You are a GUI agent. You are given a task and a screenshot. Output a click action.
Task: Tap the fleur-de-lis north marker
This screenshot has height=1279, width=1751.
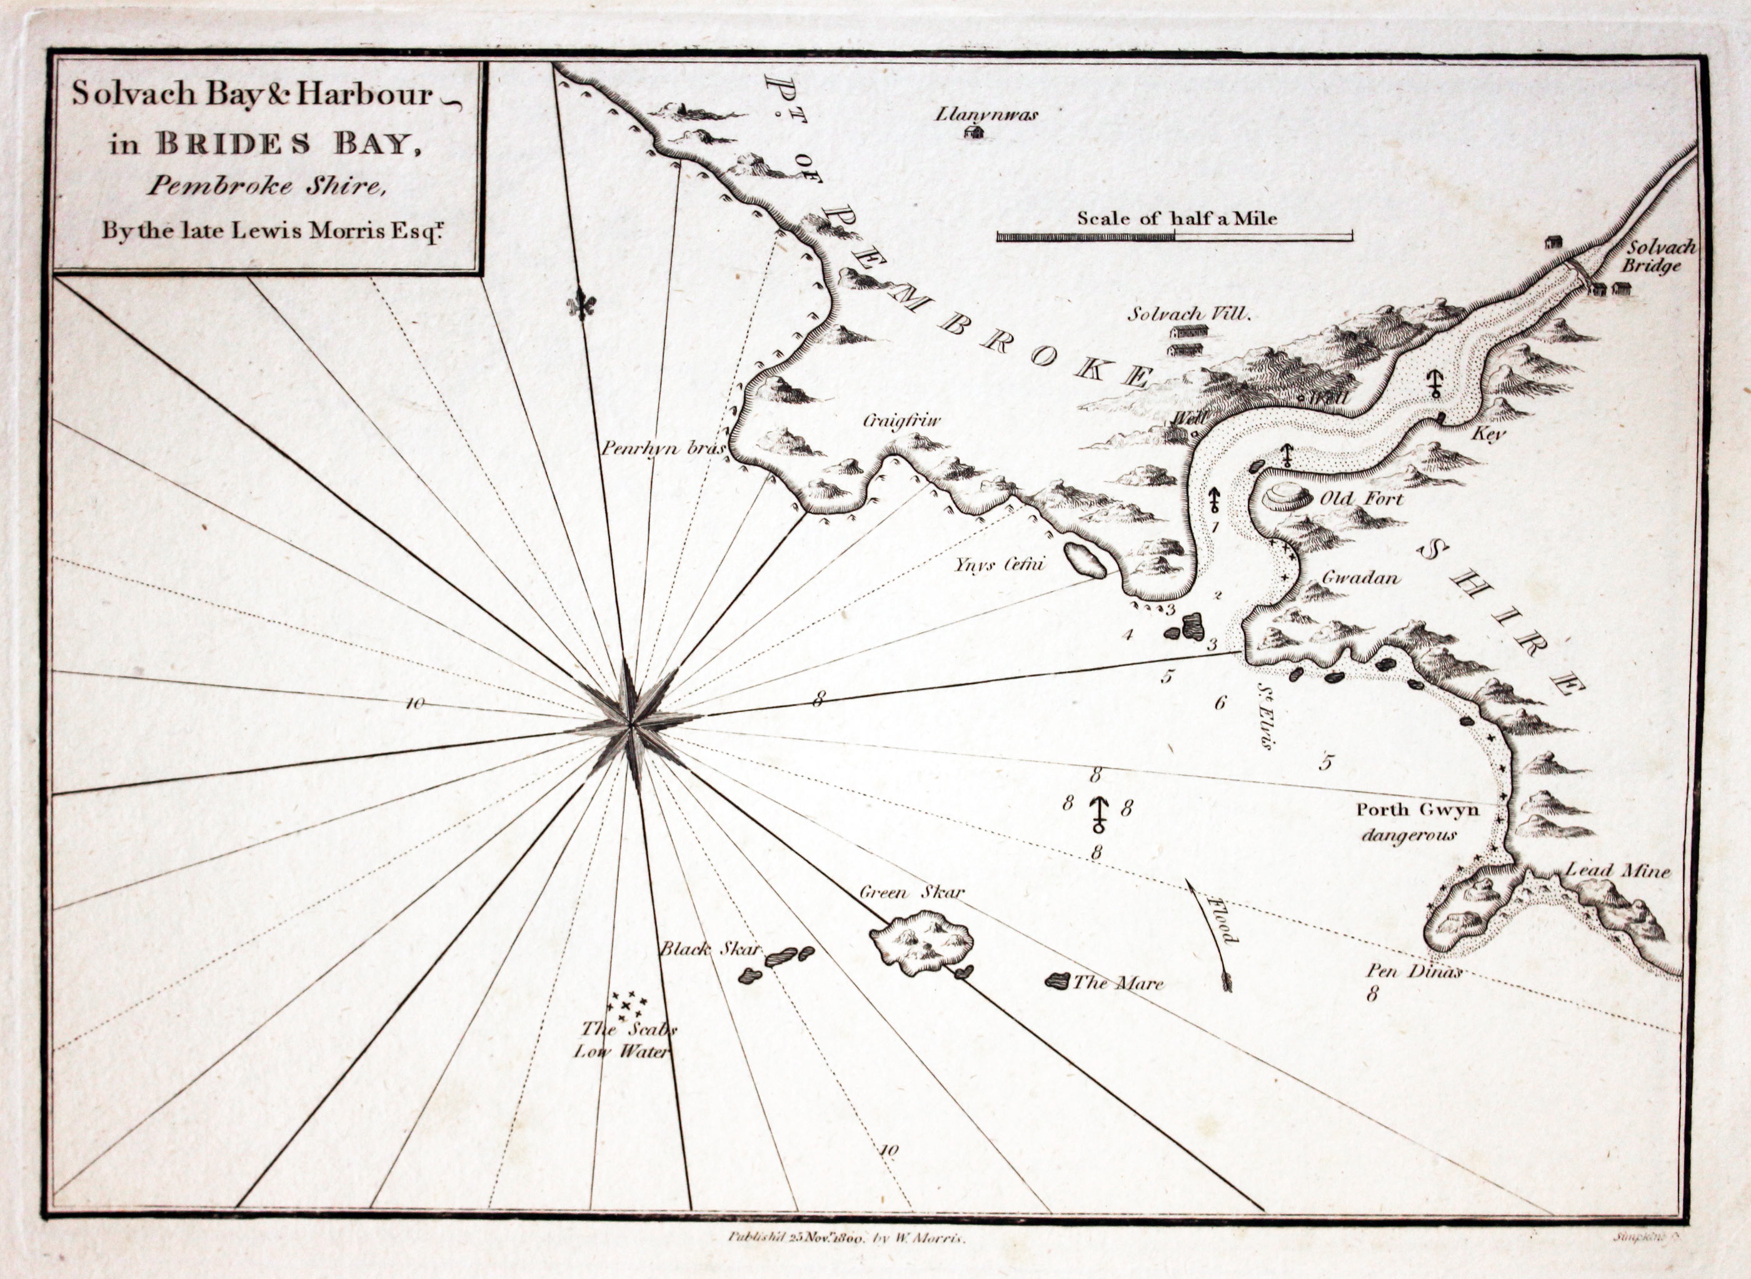pyautogui.click(x=583, y=305)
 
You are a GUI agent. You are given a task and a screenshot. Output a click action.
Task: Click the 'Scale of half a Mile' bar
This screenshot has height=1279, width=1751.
pyautogui.click(x=1174, y=236)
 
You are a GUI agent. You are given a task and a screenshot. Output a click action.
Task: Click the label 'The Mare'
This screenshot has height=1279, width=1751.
pyautogui.click(x=1118, y=984)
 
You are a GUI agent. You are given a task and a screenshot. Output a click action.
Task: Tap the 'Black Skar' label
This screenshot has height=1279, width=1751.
pyautogui.click(x=711, y=950)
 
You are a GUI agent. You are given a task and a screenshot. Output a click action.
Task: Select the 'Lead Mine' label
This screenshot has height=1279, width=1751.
pyautogui.click(x=1617, y=872)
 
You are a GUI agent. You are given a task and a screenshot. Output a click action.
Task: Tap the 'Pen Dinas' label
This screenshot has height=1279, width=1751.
pyautogui.click(x=1413, y=972)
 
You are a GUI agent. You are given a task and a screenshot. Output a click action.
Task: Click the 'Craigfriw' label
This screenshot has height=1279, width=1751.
pyautogui.click(x=901, y=422)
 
